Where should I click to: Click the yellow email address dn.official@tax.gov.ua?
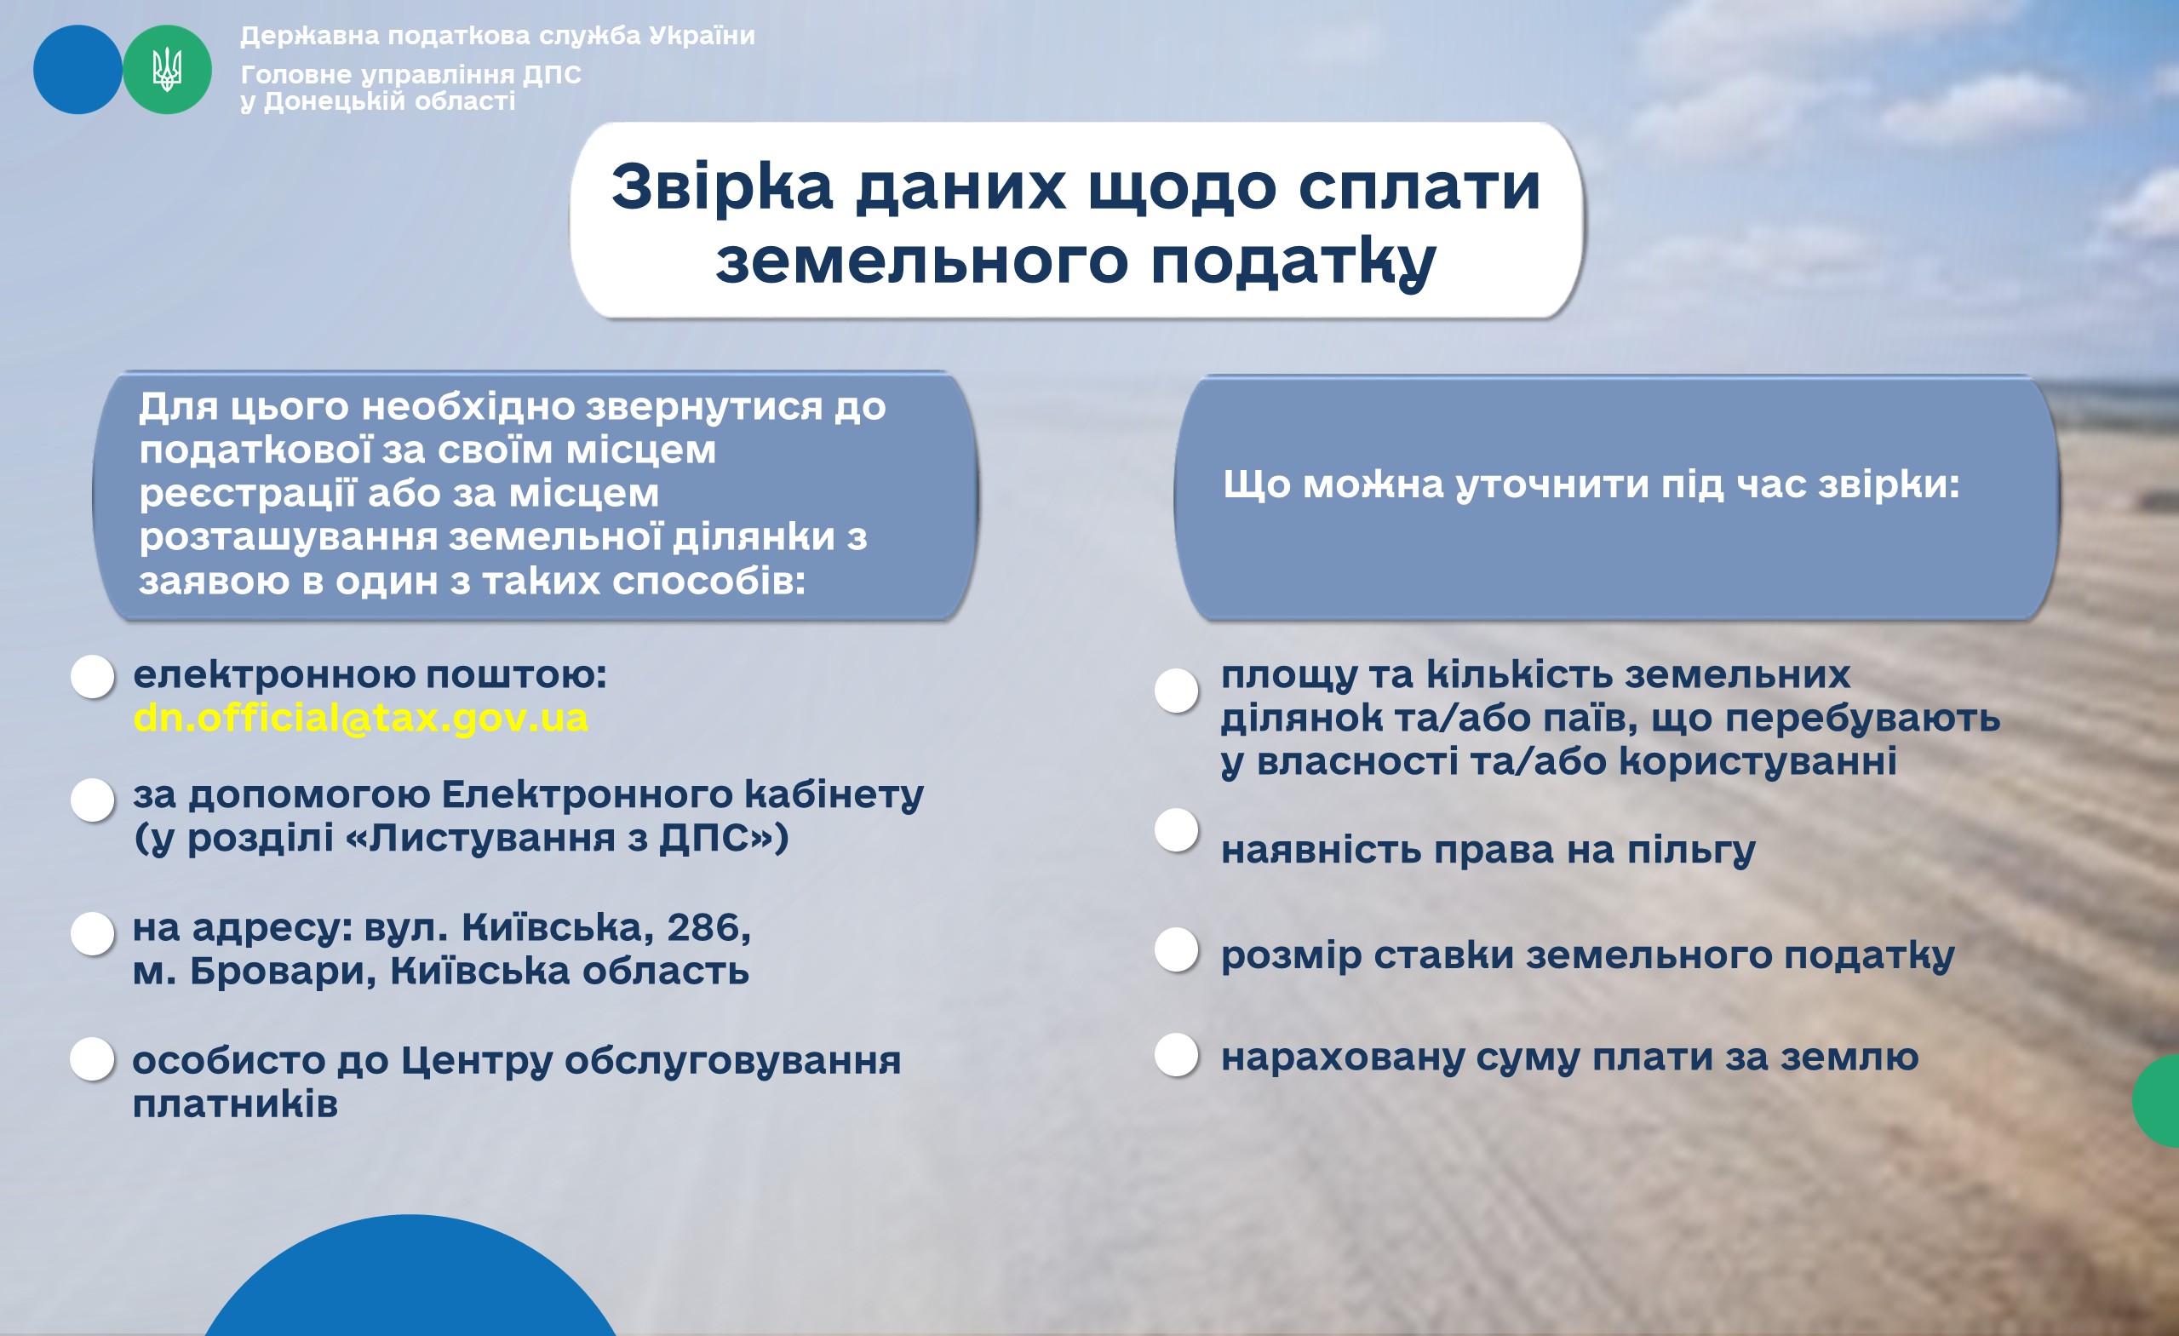click(x=361, y=718)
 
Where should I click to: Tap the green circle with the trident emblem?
click(x=167, y=70)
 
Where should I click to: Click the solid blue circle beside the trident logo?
click(x=77, y=70)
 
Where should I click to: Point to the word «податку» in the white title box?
click(x=1293, y=262)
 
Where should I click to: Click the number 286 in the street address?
click(x=704, y=927)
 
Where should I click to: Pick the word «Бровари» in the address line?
click(x=283, y=972)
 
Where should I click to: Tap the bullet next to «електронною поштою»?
click(x=93, y=676)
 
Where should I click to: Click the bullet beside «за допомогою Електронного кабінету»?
click(x=93, y=800)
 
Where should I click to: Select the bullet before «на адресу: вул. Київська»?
click(x=93, y=932)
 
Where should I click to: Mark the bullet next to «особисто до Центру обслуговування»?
click(x=93, y=1058)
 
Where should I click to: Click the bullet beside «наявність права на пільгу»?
click(x=1177, y=830)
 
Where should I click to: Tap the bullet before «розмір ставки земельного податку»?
click(x=1177, y=949)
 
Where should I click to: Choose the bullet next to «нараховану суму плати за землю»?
click(x=1177, y=1054)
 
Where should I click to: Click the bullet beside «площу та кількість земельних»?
click(x=1177, y=690)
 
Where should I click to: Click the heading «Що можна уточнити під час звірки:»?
click(x=1591, y=485)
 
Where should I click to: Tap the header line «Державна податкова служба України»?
click(x=498, y=36)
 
